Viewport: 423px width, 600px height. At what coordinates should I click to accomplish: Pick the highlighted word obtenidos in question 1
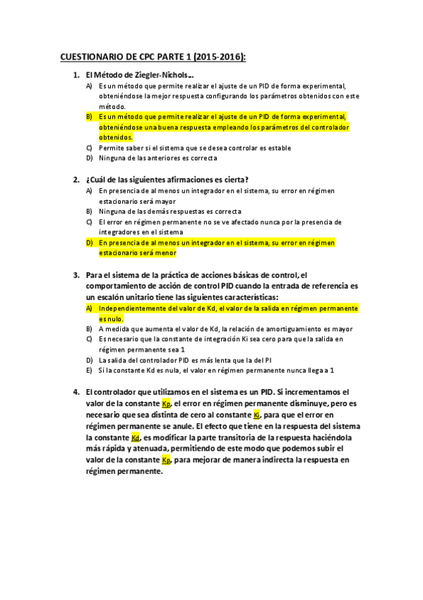115,137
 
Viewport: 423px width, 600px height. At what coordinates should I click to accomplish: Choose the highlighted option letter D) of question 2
89,243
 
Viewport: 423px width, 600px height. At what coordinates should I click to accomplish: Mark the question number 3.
76,275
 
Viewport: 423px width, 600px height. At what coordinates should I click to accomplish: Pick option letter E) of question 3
89,370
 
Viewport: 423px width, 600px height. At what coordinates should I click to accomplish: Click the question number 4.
76,391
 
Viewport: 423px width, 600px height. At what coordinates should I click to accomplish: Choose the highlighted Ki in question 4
257,415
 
